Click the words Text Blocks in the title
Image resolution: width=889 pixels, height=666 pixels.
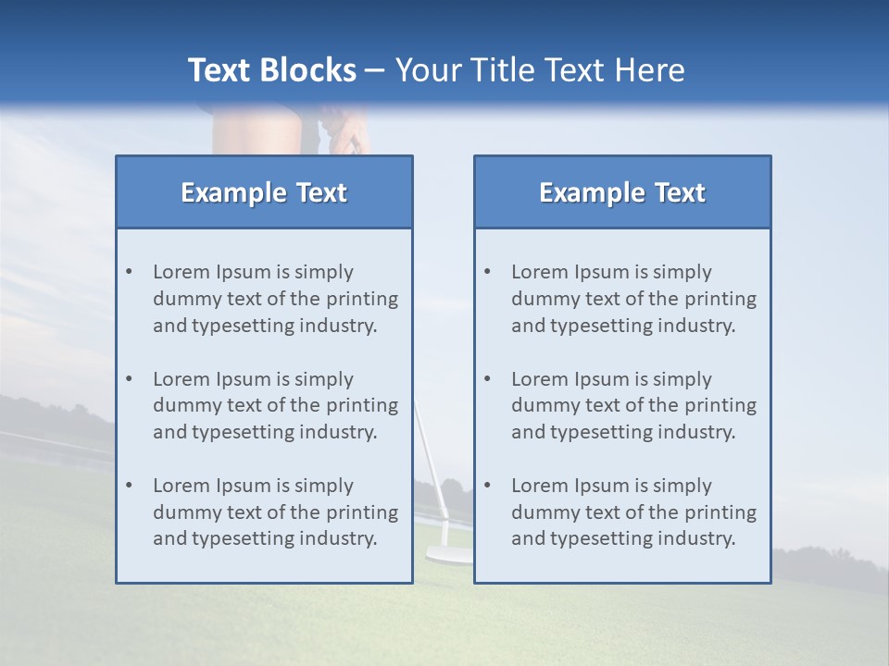[271, 70]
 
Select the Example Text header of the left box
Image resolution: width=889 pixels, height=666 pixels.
[264, 192]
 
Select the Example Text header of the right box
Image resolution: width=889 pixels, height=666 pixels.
[622, 192]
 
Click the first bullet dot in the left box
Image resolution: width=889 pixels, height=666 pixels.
[129, 272]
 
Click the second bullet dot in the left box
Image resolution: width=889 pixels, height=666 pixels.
[129, 379]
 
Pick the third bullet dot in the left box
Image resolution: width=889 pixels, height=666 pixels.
[129, 486]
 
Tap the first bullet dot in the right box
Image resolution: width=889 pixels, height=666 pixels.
[487, 272]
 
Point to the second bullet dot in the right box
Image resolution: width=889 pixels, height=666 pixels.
[487, 379]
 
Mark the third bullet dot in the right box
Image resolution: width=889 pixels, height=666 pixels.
[487, 486]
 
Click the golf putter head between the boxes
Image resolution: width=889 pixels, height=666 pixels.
[444, 555]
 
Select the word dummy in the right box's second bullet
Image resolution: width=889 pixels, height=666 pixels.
[540, 405]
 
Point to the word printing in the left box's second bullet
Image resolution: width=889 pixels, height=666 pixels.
[361, 405]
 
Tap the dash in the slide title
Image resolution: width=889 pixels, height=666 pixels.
[375, 71]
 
